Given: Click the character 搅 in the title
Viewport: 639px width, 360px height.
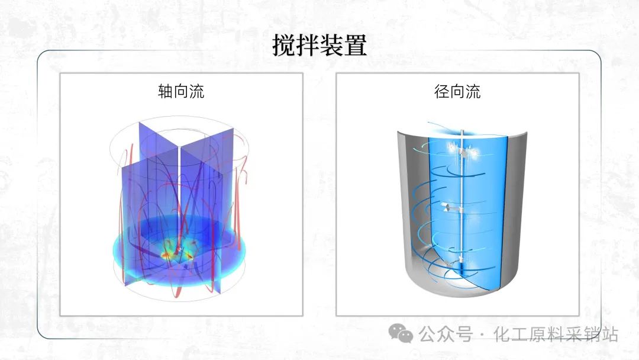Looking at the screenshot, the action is click(284, 45).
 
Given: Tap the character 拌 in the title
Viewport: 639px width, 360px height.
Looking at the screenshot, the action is click(308, 45).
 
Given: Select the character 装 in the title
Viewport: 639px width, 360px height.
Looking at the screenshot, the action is click(331, 45).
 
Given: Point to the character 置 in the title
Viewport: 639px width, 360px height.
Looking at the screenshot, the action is click(355, 45).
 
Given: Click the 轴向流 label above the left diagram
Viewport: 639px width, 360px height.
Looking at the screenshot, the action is click(181, 91).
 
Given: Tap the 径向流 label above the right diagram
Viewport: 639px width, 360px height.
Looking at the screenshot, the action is click(457, 91).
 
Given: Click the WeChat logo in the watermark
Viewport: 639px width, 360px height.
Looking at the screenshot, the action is click(400, 333).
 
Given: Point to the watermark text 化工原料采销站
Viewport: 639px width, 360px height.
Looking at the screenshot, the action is click(556, 335).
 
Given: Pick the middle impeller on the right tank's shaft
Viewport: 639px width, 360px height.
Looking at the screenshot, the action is click(453, 208).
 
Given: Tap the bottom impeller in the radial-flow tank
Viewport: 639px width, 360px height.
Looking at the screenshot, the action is click(453, 262).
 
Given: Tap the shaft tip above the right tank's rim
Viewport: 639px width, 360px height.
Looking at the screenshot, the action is click(462, 131).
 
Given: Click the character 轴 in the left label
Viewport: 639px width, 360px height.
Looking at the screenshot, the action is click(166, 91).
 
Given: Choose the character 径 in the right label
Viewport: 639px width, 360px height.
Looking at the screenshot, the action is click(442, 91).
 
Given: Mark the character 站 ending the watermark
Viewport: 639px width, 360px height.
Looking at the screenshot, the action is click(609, 335).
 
